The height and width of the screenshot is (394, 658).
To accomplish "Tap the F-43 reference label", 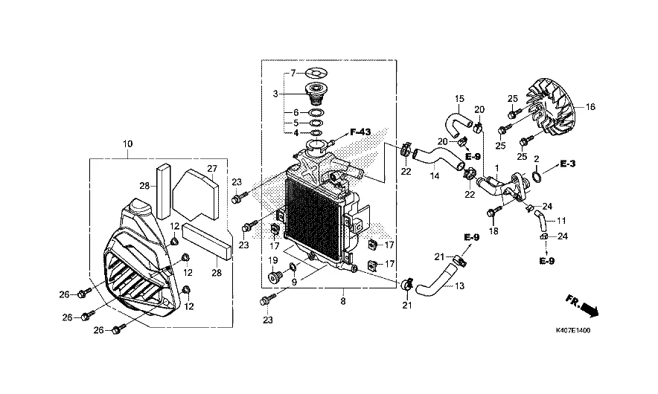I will point(360,132).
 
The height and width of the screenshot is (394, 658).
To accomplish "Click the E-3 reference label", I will point(569,163).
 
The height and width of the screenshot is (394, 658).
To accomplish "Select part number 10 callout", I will point(127,143).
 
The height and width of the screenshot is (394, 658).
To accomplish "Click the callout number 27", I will point(211,169).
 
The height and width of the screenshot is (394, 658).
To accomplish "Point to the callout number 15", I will point(459,99).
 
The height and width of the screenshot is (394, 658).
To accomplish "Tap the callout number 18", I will point(493,231).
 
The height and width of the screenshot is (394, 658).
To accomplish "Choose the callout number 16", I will point(590,107).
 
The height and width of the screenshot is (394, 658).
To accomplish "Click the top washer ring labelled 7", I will point(316,73).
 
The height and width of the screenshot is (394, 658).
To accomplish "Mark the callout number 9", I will point(293,282).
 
